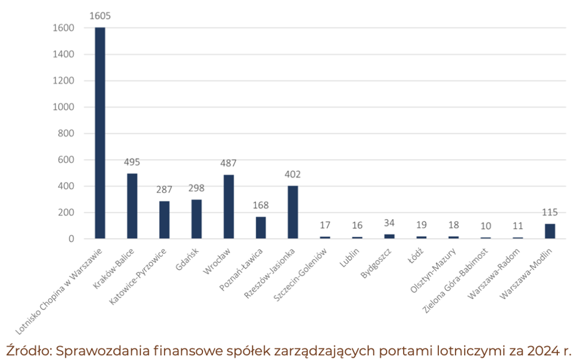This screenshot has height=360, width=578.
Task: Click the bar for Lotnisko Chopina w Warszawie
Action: [100, 133]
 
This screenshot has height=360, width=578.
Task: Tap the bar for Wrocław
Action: [229, 207]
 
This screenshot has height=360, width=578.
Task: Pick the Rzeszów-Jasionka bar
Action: [293, 212]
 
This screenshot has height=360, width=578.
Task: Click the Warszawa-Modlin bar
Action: [550, 231]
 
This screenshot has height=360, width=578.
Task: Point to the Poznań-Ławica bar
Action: [261, 228]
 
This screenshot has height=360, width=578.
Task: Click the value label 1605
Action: [100, 16]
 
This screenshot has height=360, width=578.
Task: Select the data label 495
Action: [132, 162]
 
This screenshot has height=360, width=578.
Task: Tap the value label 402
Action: [293, 175]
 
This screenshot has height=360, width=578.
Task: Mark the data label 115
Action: [550, 212]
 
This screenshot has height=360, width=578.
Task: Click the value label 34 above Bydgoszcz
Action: [389, 223]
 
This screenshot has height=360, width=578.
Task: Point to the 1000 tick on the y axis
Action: [62, 107]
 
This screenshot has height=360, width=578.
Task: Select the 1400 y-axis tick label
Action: [62, 54]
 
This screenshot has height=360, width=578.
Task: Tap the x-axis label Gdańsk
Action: [187, 259]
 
